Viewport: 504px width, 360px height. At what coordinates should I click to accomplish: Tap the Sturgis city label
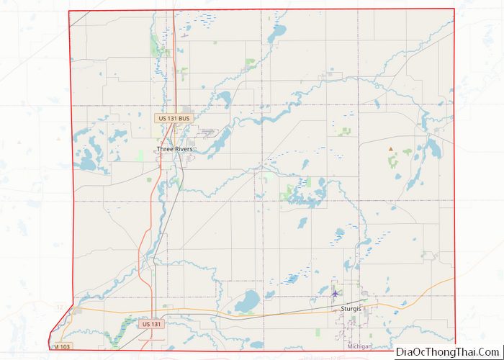click(x=351, y=308)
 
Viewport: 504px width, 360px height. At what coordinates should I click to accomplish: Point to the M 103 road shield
click(x=63, y=346)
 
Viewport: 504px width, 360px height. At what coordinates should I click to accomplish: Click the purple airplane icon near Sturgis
click(x=335, y=293)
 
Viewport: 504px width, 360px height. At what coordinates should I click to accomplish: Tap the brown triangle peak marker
click(x=391, y=149)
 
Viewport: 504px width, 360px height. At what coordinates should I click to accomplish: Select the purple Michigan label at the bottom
click(x=360, y=346)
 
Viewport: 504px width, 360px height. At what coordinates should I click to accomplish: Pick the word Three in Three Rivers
click(x=163, y=149)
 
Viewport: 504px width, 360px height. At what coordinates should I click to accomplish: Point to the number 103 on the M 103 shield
click(x=66, y=346)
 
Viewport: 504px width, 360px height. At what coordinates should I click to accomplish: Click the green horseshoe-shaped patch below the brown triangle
click(x=393, y=161)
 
